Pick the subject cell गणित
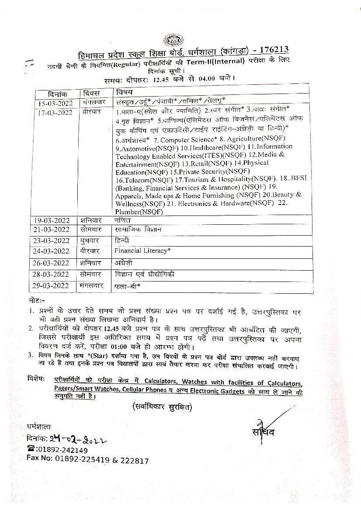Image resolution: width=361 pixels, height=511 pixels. [x=123, y=220]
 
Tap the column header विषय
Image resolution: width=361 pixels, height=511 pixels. [x=124, y=93]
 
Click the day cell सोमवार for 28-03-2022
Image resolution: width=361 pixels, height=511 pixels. [x=91, y=275]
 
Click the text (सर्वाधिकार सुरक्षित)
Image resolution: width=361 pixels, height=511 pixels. [x=162, y=407]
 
